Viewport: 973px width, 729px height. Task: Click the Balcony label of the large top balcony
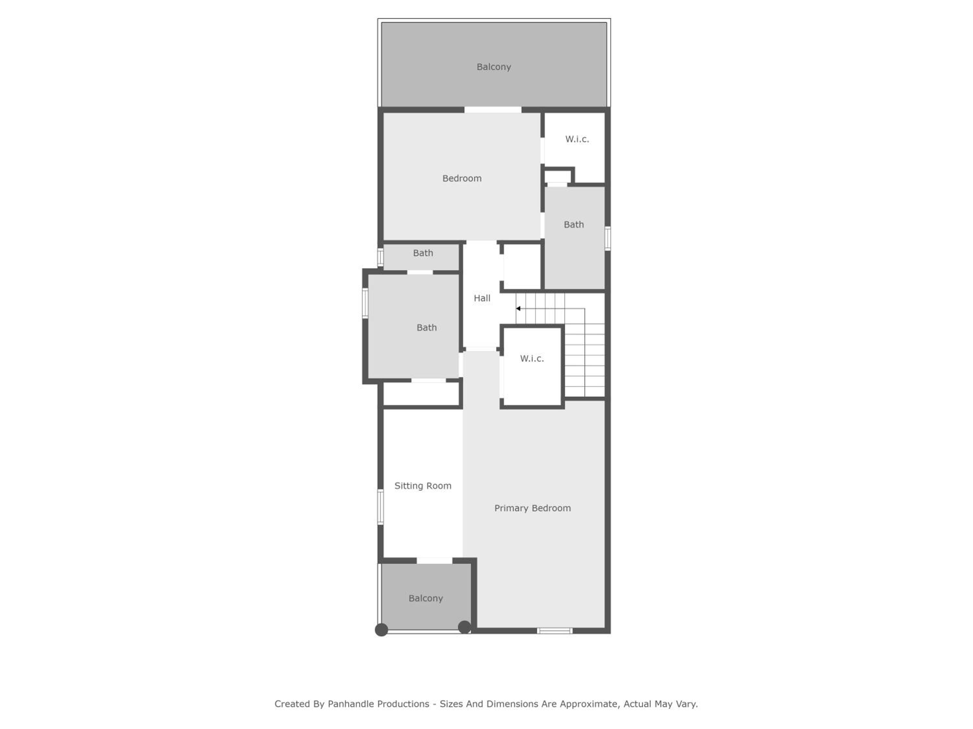pyautogui.click(x=494, y=67)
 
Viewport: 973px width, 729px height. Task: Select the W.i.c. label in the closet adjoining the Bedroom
pyautogui.click(x=577, y=139)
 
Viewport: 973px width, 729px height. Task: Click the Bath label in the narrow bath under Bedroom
pyautogui.click(x=423, y=253)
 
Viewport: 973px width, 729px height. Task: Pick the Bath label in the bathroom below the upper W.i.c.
pyautogui.click(x=574, y=225)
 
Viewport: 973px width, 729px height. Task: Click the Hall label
pyautogui.click(x=482, y=298)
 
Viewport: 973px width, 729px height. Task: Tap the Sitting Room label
pyautogui.click(x=423, y=486)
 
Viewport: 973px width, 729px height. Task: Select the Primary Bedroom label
pyautogui.click(x=533, y=508)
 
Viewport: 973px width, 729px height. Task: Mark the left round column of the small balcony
pyautogui.click(x=381, y=630)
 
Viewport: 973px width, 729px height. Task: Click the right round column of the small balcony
pyautogui.click(x=464, y=627)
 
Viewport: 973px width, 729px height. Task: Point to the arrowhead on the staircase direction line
pyautogui.click(x=518, y=308)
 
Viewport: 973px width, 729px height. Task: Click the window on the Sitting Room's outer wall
pyautogui.click(x=380, y=507)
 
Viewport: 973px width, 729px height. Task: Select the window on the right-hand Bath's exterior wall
pyautogui.click(x=607, y=238)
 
